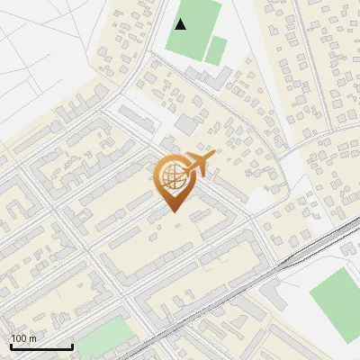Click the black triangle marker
click(181, 24)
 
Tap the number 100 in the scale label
click(19, 338)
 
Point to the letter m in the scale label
click(32, 338)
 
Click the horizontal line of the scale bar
click(41, 347)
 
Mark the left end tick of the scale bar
click(11, 346)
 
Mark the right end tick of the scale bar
click(72, 346)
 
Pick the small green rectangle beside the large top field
click(216, 50)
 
